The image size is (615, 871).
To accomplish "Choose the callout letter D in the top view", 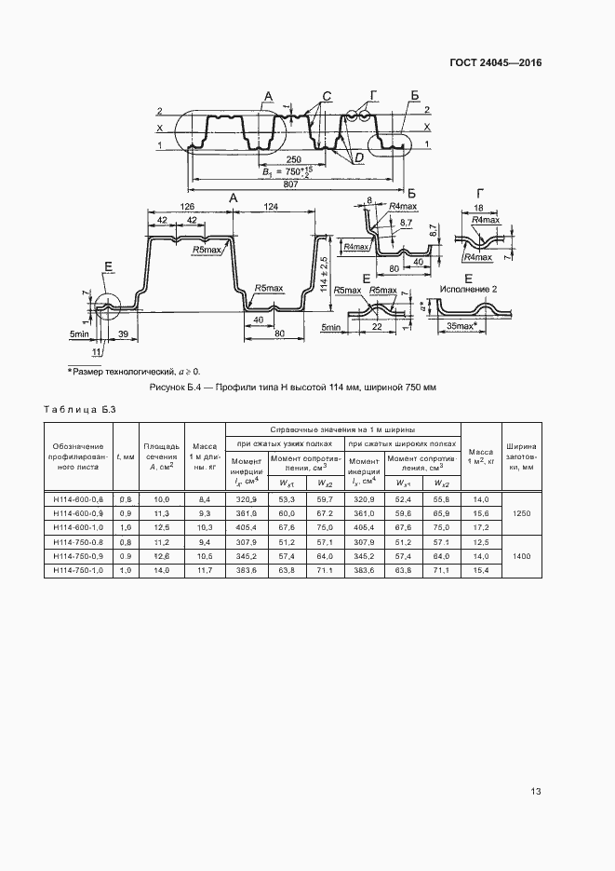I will [357, 160].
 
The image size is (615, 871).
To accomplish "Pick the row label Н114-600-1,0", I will [77, 526].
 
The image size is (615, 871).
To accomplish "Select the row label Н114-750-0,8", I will [77, 541].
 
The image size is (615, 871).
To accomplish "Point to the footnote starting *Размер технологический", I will [133, 371].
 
